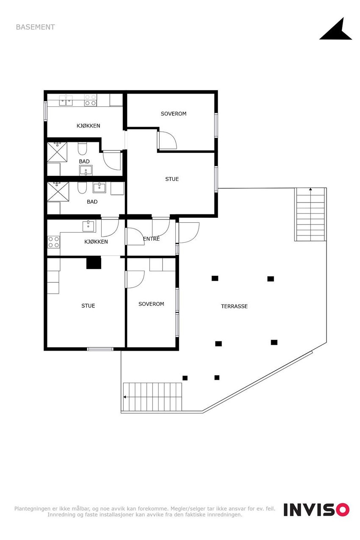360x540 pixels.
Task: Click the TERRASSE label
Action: pos(234,306)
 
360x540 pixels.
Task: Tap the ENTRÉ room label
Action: pos(151,239)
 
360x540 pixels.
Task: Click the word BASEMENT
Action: pos(35,27)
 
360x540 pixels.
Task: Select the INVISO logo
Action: pos(316,510)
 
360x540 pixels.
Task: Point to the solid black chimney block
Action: pos(94,263)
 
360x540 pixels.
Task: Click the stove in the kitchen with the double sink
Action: pos(90,100)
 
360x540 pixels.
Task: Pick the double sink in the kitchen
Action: pos(66,100)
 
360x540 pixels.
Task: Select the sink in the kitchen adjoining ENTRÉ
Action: pos(89,226)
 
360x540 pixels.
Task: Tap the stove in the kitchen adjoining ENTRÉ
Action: pos(53,242)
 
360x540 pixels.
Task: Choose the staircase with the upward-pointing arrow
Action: pos(310,214)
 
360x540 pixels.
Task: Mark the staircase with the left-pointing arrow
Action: pos(152,396)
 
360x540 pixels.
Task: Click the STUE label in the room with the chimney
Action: pos(88,306)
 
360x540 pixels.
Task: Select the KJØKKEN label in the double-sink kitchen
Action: pos(88,126)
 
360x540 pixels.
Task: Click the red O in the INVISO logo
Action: pos(342,510)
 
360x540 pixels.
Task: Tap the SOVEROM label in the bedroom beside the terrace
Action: pos(151,304)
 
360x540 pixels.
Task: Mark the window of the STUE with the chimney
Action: pos(100,349)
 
